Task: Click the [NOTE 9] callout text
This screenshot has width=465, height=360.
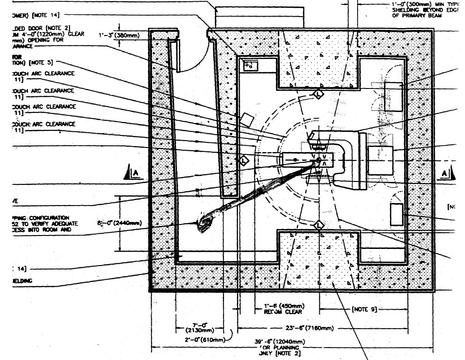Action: [366, 309]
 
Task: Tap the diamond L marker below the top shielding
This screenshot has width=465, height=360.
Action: [318, 94]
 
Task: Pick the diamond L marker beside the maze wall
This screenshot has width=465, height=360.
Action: [244, 160]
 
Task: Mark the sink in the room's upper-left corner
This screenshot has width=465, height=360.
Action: [250, 65]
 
